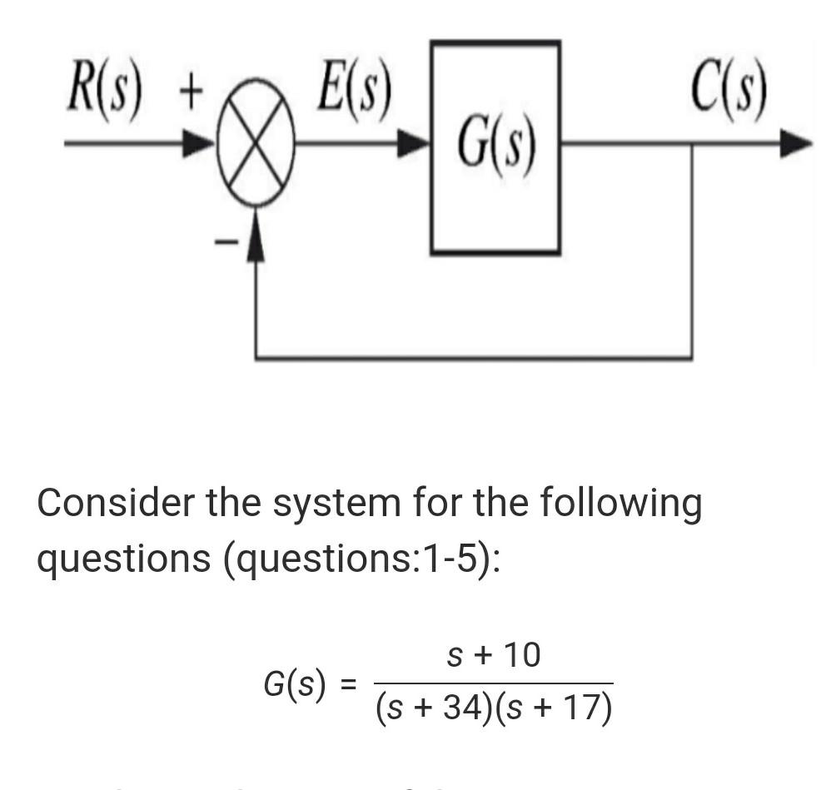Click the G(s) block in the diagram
coord(495,147)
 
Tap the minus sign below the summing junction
coord(224,242)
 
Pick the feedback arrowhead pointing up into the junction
coord(256,234)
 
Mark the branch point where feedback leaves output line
coord(692,145)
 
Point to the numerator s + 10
coord(494,656)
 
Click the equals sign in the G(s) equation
coord(350,685)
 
